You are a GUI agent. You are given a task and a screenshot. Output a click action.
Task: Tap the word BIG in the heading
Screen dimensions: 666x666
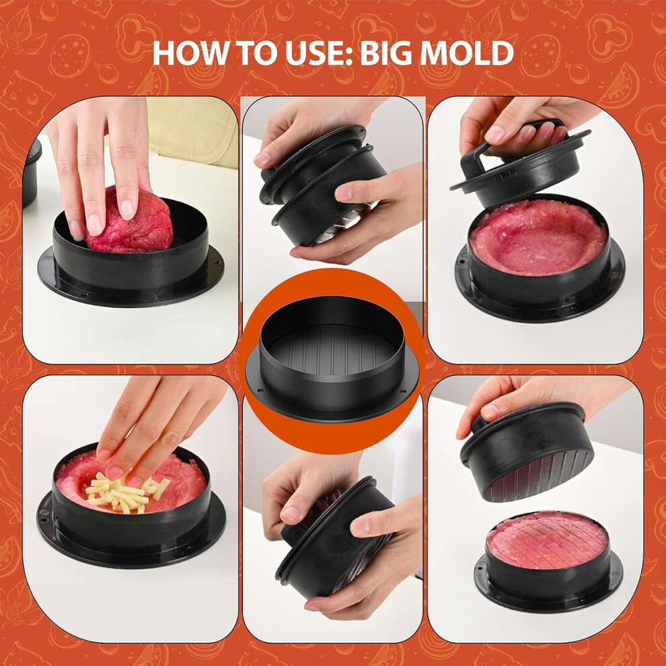coord(387,53)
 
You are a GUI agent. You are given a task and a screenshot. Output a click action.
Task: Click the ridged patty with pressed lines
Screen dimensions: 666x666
coord(548,540)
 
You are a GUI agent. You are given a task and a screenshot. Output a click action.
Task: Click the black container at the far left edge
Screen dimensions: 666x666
coord(32,172)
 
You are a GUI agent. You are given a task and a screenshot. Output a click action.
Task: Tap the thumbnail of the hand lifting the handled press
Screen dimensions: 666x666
coord(535,230)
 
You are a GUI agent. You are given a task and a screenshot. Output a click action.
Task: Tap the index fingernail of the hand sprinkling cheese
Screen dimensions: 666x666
coord(114,472)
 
